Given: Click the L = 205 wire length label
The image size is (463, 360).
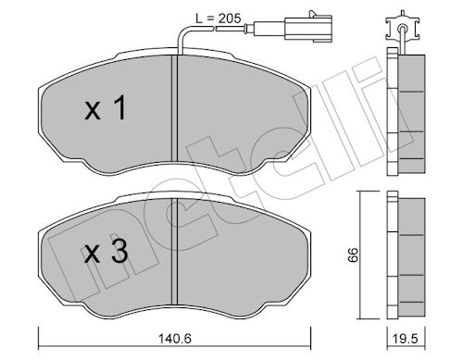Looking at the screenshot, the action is pyautogui.click(x=219, y=19).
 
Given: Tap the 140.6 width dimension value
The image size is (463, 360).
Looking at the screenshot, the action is pyautogui.click(x=175, y=339).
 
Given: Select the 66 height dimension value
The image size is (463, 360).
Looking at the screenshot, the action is pyautogui.click(x=353, y=254).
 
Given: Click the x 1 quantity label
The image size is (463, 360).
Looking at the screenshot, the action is pyautogui.click(x=106, y=108).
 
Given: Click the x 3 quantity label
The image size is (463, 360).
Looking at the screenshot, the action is pyautogui.click(x=106, y=252).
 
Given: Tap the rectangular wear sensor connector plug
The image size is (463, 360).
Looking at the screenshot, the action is pyautogui.click(x=308, y=28).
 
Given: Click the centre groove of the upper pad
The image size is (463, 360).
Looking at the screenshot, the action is pyautogui.click(x=174, y=108).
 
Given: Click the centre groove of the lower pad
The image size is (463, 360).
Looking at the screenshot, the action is pyautogui.click(x=174, y=251).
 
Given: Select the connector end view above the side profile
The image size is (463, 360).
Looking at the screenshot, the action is pyautogui.click(x=402, y=27).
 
